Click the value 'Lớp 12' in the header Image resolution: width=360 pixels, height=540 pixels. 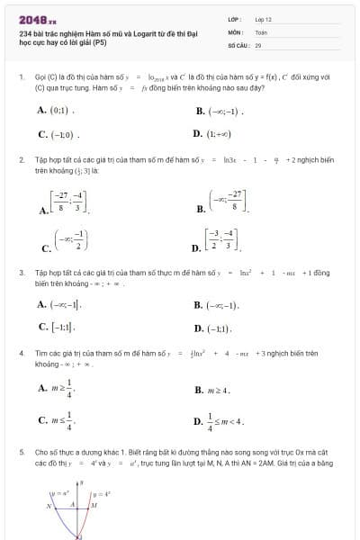(x=263, y=18)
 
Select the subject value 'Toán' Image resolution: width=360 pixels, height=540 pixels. (x=261, y=31)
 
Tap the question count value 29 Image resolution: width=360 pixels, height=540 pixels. (x=258, y=43)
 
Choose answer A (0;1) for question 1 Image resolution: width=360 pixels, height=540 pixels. (x=55, y=111)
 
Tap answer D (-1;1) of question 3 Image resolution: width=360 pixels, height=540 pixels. (x=213, y=328)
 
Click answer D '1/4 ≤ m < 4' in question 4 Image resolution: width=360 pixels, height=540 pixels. (x=219, y=420)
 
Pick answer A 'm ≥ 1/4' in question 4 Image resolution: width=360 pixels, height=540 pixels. (x=58, y=388)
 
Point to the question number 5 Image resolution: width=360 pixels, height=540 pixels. (x=21, y=451)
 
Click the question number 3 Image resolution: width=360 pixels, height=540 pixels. (x=21, y=271)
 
